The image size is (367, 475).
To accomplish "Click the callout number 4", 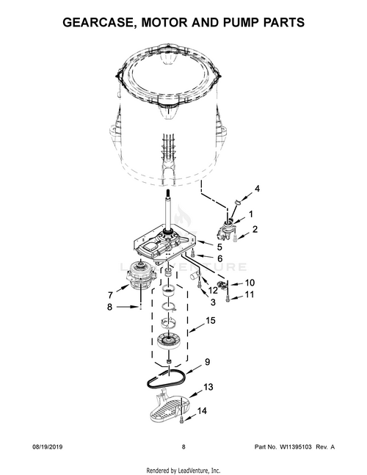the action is (x=257, y=189).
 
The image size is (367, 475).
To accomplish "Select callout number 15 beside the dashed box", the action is (x=211, y=321).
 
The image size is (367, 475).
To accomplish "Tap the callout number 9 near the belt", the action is (x=207, y=362).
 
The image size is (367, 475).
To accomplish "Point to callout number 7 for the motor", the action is (x=110, y=294).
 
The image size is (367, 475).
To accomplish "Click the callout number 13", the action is (x=208, y=387).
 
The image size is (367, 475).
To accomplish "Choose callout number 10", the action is (x=250, y=283).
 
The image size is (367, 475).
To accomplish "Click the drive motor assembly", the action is (x=140, y=277).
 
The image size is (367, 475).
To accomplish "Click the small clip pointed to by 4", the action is (x=238, y=201).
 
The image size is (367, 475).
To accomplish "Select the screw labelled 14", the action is (x=182, y=419).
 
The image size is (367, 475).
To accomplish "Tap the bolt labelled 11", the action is (x=227, y=300).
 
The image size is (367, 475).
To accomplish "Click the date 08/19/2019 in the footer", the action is (x=47, y=447).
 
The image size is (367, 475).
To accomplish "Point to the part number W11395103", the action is (x=295, y=447).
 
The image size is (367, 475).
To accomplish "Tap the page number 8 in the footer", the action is (x=183, y=447).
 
